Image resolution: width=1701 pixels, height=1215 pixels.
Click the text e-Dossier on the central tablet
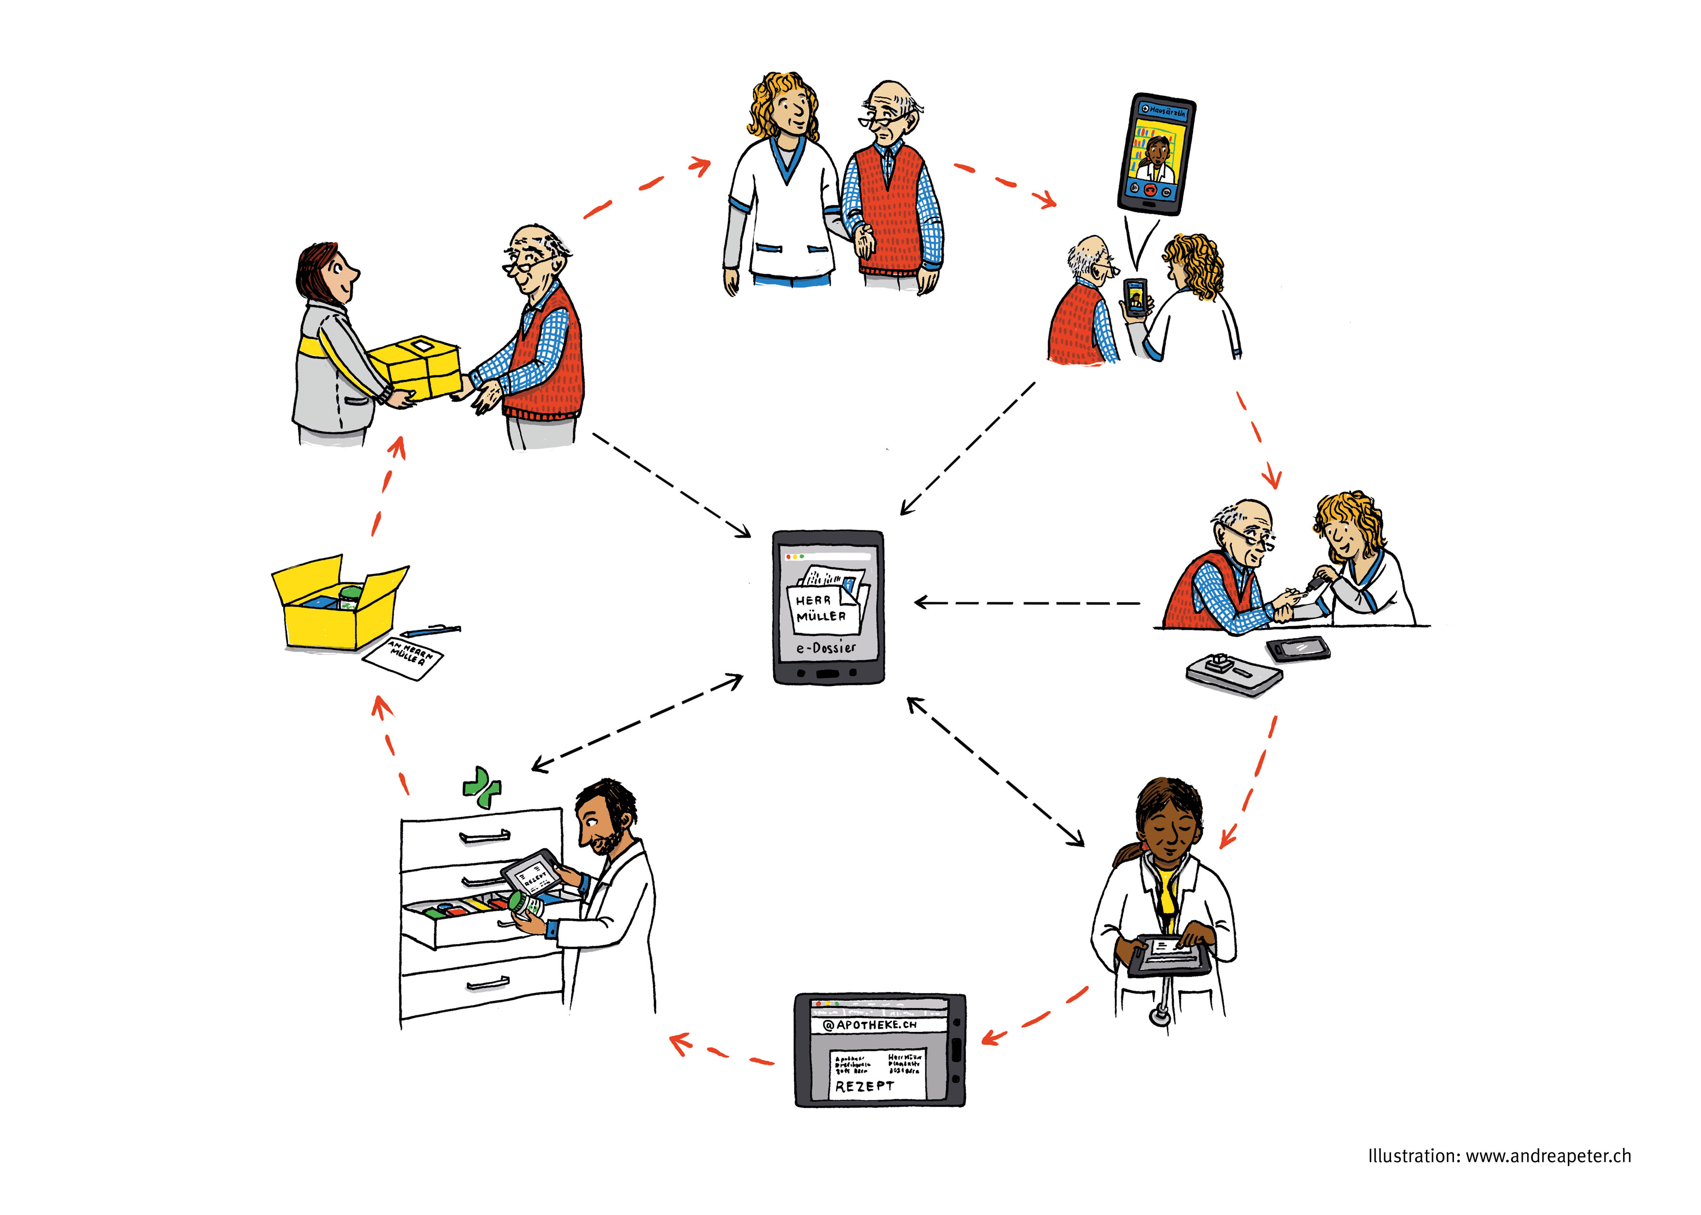826,648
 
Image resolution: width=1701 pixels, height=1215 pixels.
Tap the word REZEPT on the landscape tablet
864,1086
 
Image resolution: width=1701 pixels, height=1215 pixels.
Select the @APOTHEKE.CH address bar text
869,1024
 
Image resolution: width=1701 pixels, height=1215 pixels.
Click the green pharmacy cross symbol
482,788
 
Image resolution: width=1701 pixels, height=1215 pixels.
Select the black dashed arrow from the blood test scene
1029,602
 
